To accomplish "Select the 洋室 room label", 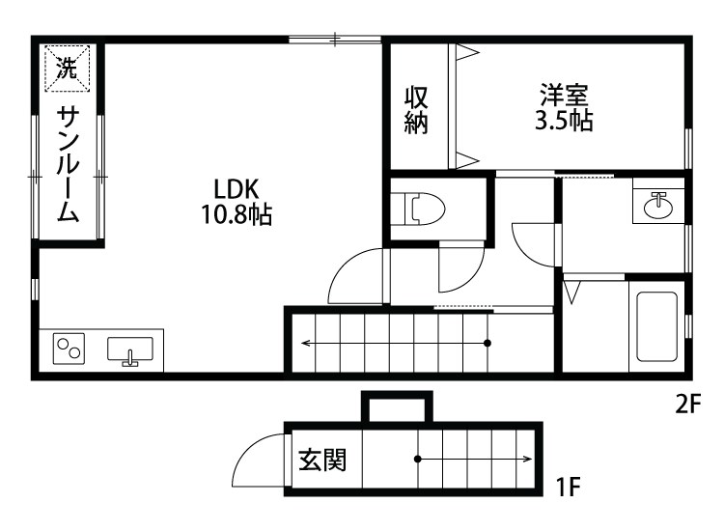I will (564, 96).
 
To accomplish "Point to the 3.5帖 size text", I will (564, 121).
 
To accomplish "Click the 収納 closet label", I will (416, 110).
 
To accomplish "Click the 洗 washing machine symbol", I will (67, 68).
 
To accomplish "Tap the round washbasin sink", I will (660, 205).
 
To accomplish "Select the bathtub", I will (656, 327).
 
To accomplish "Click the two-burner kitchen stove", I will (69, 346).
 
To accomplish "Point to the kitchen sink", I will (130, 349).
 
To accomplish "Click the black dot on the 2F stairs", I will (487, 343).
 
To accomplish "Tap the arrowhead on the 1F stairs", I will (529, 459).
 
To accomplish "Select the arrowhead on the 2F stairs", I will (305, 343).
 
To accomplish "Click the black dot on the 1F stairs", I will (417, 459).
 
